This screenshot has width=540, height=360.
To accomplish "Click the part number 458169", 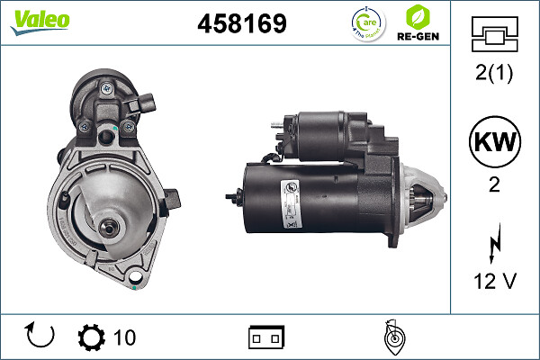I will pos(241,24).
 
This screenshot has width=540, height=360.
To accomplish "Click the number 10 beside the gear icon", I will pos(124,337).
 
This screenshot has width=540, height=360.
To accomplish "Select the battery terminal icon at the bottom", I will pos(265,337).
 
